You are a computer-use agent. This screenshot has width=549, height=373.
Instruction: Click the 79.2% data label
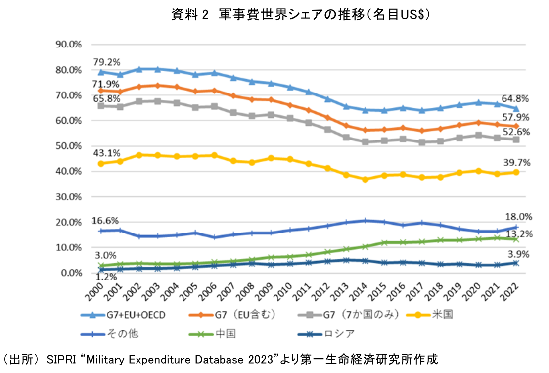[x=106, y=63]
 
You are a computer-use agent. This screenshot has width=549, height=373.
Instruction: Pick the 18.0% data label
[x=517, y=216]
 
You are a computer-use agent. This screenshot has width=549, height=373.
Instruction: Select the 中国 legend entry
[x=225, y=333]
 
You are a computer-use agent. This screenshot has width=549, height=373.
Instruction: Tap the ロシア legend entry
[x=340, y=333]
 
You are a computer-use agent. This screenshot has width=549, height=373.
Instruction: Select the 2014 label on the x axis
[x=361, y=289]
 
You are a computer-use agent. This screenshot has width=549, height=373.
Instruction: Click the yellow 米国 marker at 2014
[x=366, y=180]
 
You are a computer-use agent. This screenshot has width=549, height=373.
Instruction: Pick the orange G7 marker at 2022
[x=517, y=127]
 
